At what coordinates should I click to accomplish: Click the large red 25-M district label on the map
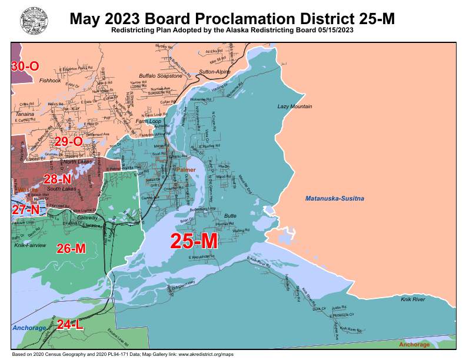point(194,241)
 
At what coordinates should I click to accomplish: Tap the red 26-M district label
point(71,248)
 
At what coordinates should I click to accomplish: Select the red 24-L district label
point(70,324)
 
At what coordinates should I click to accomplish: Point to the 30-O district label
point(25,66)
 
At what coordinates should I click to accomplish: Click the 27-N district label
point(26,209)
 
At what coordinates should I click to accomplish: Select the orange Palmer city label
point(186,169)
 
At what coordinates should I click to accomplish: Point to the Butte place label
point(230,216)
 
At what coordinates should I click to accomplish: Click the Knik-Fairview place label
point(30,245)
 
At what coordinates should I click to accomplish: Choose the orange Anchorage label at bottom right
point(414,344)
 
